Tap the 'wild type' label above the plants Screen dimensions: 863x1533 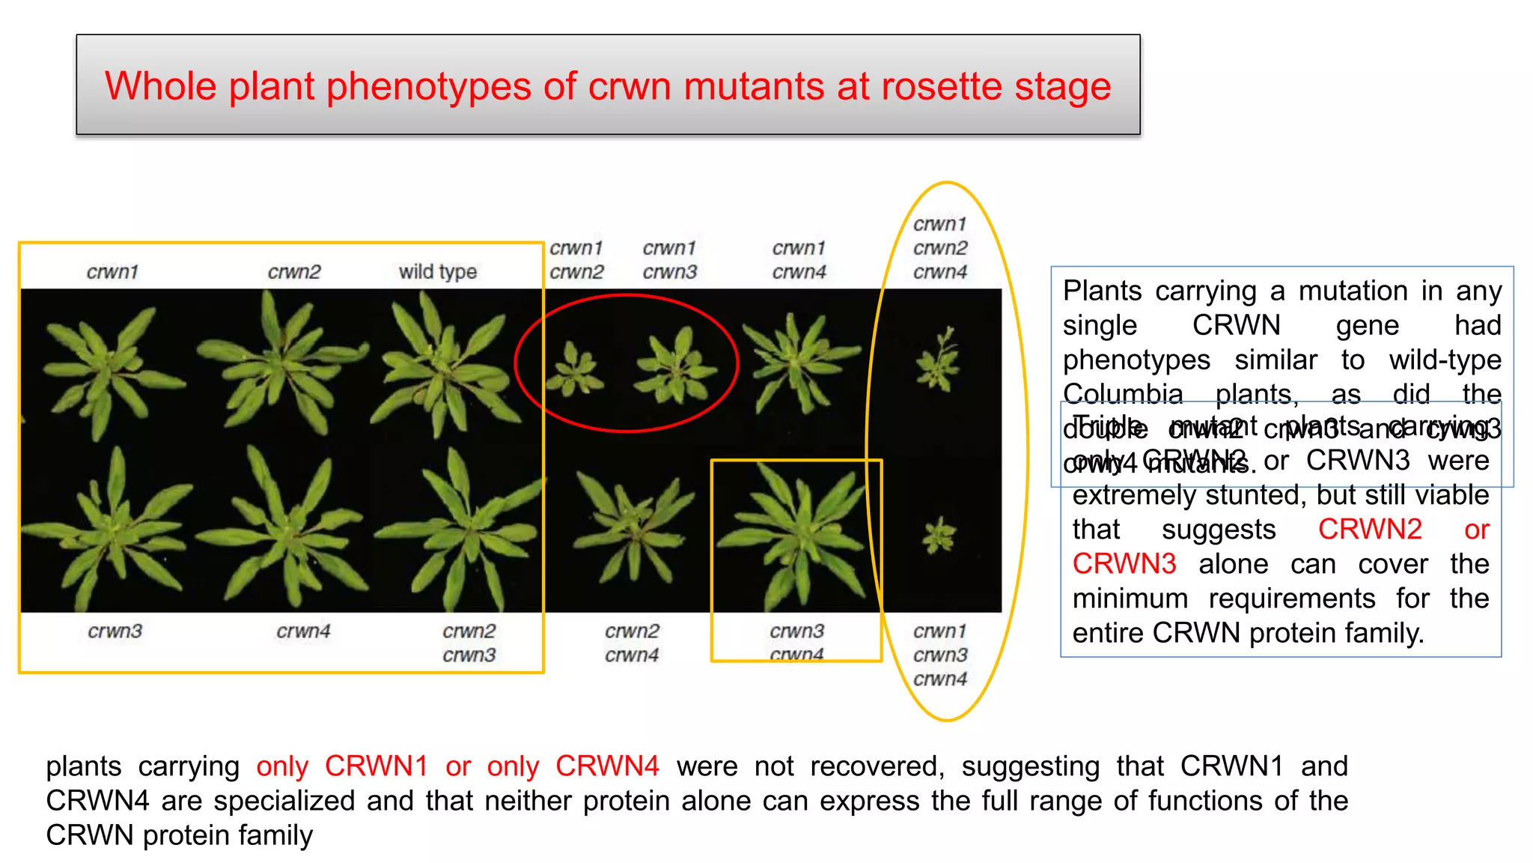click(x=437, y=271)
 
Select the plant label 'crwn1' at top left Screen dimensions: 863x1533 click(x=112, y=271)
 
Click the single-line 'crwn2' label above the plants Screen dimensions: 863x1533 click(x=293, y=271)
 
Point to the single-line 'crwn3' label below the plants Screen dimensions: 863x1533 click(x=115, y=631)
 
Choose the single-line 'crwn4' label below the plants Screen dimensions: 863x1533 click(x=302, y=631)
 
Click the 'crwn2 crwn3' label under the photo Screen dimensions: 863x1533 click(x=469, y=643)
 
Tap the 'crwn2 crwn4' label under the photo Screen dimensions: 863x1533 click(x=632, y=643)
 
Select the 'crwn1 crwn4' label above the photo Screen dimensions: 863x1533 click(x=799, y=260)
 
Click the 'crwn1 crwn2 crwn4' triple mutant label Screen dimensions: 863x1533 click(x=940, y=248)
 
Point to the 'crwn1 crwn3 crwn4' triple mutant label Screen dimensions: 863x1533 click(x=940, y=655)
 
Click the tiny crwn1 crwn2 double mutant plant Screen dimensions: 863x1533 click(x=575, y=369)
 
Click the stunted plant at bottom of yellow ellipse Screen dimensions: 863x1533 click(x=939, y=535)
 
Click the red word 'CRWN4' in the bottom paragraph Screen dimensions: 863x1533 click(x=607, y=766)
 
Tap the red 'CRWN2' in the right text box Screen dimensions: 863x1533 click(x=1369, y=530)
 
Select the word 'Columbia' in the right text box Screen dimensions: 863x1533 click(x=1123, y=394)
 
